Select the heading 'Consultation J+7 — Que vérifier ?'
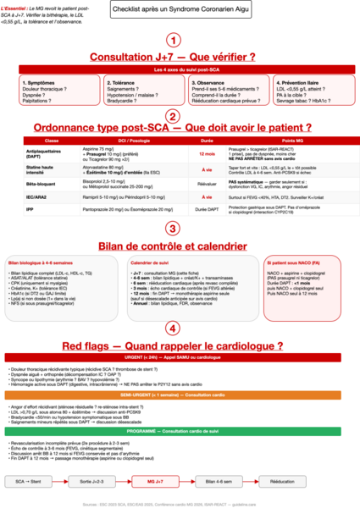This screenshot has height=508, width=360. [x=172, y=57]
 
